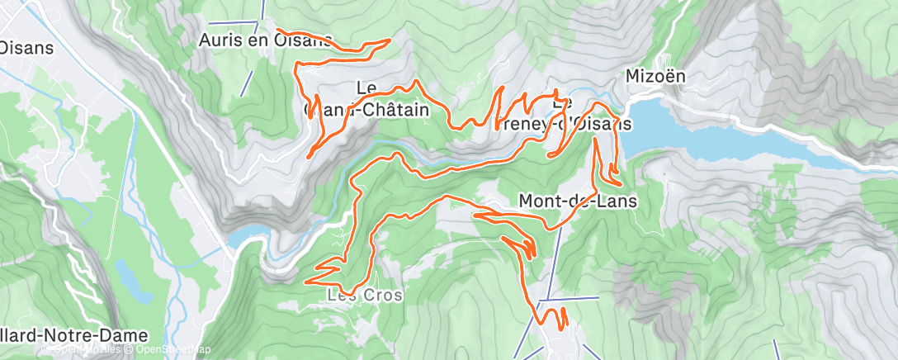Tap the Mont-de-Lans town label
click(x=578, y=200)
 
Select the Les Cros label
click(x=365, y=295)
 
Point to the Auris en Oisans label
click(x=265, y=39)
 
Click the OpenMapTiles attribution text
click(x=83, y=350)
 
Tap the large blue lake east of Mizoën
click(x=726, y=140)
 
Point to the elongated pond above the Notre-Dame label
click(x=133, y=281)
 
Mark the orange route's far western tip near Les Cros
click(x=306, y=282)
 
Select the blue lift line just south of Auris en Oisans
click(x=246, y=82)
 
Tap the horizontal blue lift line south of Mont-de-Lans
click(x=570, y=298)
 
